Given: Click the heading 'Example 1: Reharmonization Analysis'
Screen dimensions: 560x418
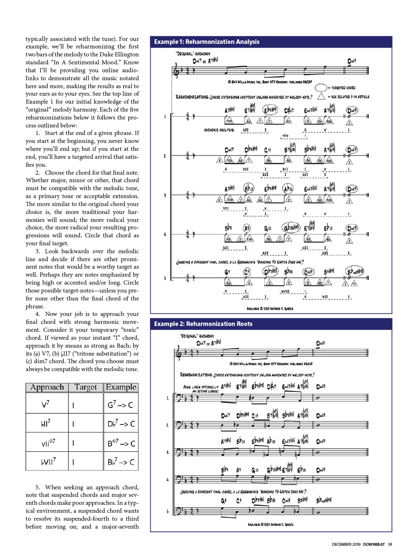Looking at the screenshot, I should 207,42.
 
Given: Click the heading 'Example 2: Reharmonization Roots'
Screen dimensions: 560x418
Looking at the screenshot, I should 203,324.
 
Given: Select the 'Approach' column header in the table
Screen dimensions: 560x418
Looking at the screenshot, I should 47,387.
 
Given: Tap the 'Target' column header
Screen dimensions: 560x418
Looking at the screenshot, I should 86,387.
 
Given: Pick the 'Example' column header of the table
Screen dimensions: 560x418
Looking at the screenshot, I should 121,387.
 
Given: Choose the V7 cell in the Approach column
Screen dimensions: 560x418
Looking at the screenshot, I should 46,405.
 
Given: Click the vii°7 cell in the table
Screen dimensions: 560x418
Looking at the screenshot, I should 48,443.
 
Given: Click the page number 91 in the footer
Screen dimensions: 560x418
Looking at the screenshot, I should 390,545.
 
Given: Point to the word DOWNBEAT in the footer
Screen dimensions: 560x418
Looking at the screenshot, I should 374,545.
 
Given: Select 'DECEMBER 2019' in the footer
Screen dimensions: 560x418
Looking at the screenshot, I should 346,545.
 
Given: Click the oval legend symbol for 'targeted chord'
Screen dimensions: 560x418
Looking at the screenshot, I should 321,88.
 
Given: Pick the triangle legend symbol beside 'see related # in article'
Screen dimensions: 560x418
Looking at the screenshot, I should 321,96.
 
